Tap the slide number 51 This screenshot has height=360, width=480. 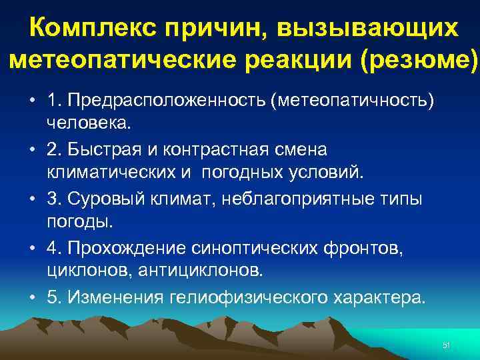(447, 345)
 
